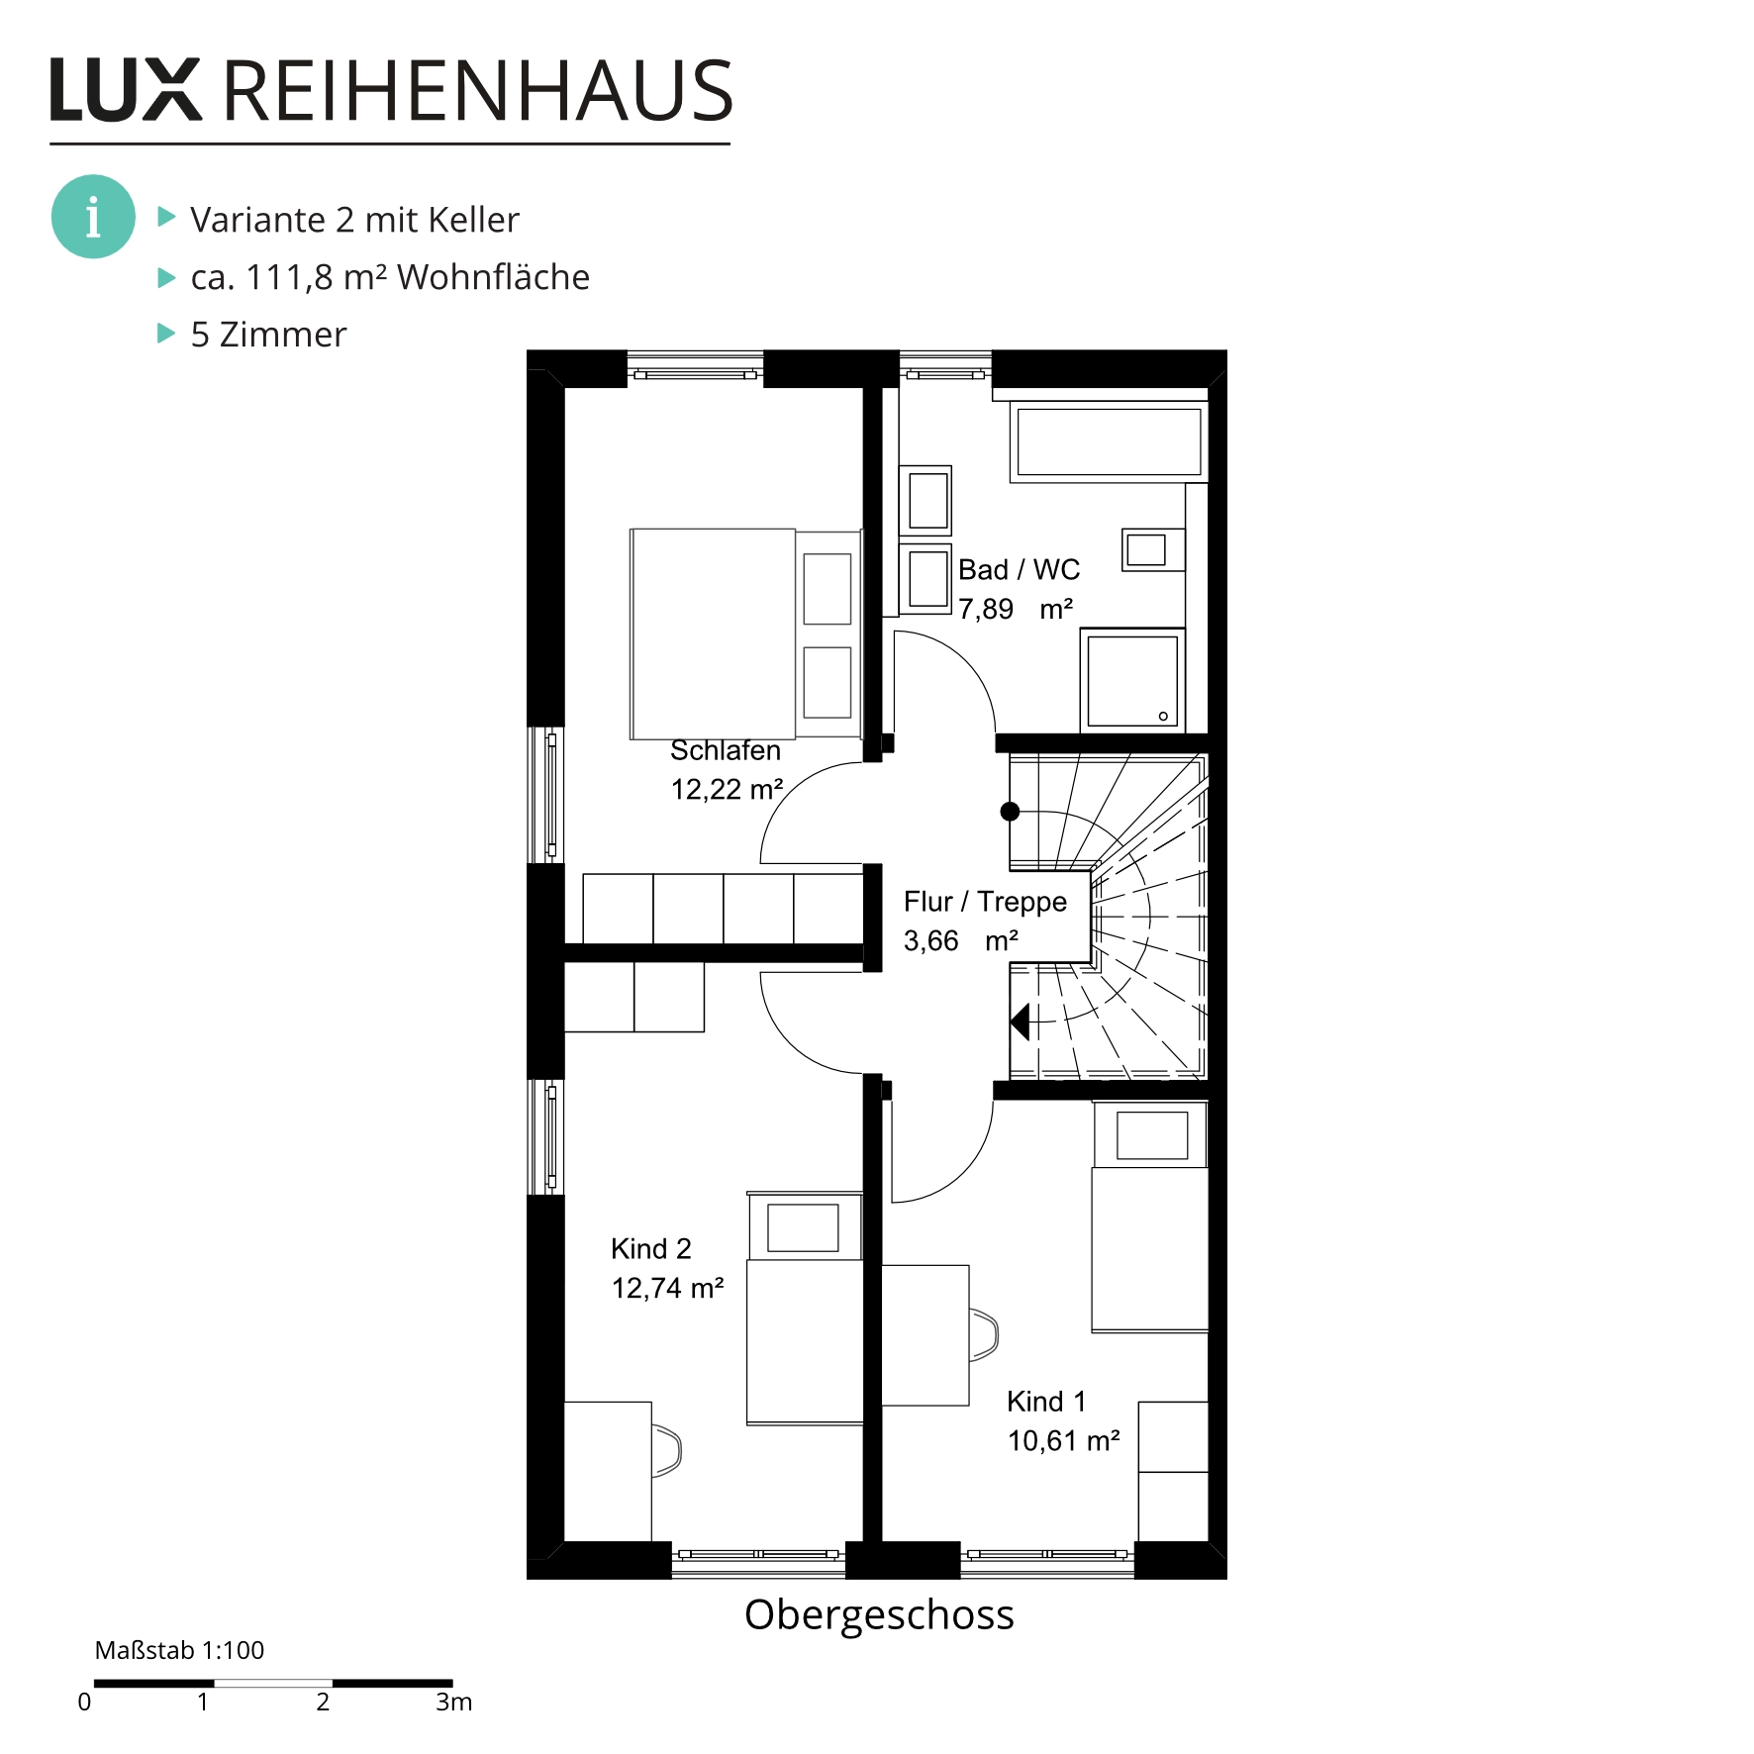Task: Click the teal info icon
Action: click(93, 217)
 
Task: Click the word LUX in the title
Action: click(126, 90)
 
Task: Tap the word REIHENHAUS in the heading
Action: click(477, 90)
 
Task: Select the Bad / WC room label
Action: click(1019, 570)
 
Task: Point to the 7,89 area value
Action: click(985, 609)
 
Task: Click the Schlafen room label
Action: click(726, 750)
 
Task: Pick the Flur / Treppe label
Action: click(985, 902)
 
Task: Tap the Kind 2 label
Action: click(651, 1249)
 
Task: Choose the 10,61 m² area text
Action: click(1064, 1441)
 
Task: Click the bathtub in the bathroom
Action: click(1109, 442)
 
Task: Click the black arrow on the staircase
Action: click(1020, 1022)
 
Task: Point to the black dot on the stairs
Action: click(1010, 812)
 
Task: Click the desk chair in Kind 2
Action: click(667, 1451)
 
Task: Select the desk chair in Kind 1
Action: click(984, 1334)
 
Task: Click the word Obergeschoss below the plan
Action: click(879, 1614)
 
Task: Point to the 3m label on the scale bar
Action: click(454, 1702)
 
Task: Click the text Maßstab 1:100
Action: click(179, 1650)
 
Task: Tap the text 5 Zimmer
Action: click(268, 335)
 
